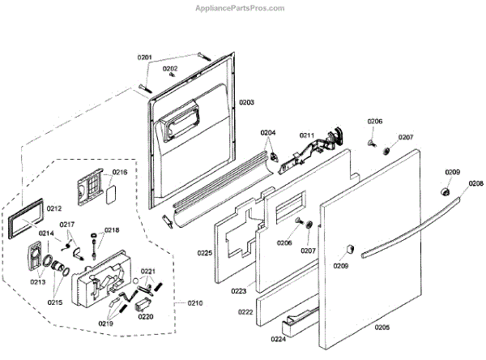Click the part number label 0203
[x=246, y=103]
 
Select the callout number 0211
[x=307, y=135]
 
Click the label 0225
[x=205, y=254]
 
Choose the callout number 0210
[x=195, y=304]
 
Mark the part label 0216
[x=120, y=173]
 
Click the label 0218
[x=111, y=230]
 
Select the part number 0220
[x=146, y=317]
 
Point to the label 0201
[x=144, y=58]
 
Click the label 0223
[x=239, y=291]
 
